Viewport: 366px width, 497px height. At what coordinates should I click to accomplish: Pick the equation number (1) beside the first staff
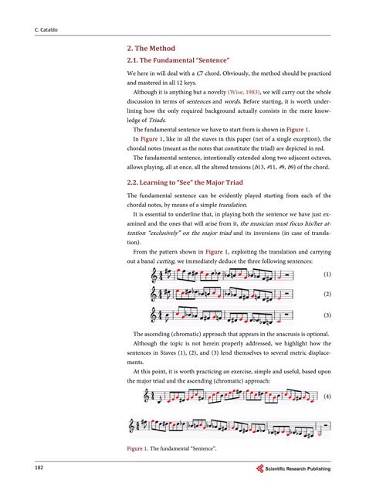coord(327,274)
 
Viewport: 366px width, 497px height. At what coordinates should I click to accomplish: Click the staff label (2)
coord(327,294)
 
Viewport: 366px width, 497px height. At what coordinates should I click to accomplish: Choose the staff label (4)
coord(327,396)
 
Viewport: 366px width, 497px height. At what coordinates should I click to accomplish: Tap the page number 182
coord(39,468)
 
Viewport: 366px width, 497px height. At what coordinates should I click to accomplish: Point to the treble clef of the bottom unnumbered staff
coord(133,426)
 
